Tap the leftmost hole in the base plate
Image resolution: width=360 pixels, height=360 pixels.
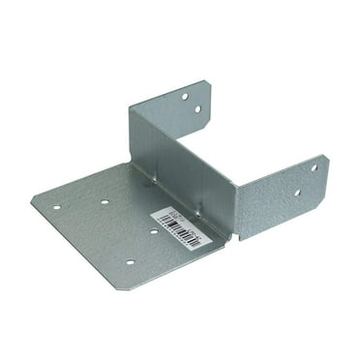(x=55, y=206)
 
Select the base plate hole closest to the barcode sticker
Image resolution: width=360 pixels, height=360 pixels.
(x=153, y=231)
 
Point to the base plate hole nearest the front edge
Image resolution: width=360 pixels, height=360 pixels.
(x=129, y=261)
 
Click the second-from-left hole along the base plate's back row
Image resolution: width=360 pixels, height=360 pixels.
(x=105, y=201)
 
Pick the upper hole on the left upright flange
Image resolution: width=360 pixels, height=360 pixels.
(x=185, y=97)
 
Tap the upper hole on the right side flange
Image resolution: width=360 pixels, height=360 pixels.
(x=313, y=167)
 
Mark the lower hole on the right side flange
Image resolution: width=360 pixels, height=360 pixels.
(x=296, y=192)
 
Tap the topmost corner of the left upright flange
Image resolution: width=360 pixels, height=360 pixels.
(x=207, y=81)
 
